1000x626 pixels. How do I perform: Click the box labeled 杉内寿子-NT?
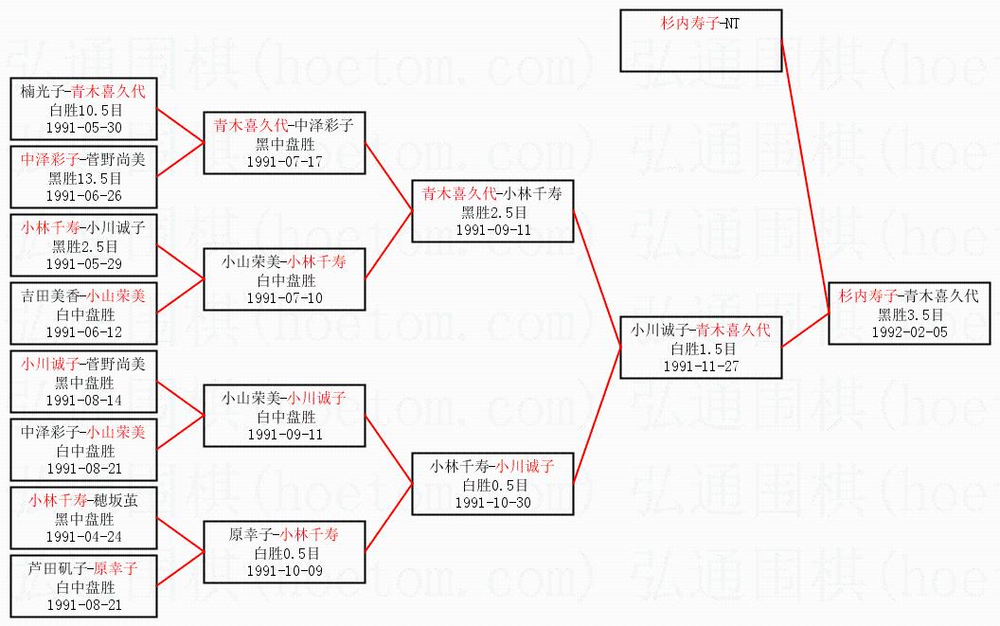[701, 41]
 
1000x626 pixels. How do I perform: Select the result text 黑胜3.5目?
[911, 314]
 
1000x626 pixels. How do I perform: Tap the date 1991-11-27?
[701, 367]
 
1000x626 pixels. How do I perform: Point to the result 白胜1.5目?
[701, 349]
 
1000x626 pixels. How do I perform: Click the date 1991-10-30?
[492, 502]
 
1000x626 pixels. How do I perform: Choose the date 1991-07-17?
[284, 161]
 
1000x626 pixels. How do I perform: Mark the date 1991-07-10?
[284, 297]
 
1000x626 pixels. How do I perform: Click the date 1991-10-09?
[284, 570]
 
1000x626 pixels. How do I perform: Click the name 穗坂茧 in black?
[115, 500]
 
